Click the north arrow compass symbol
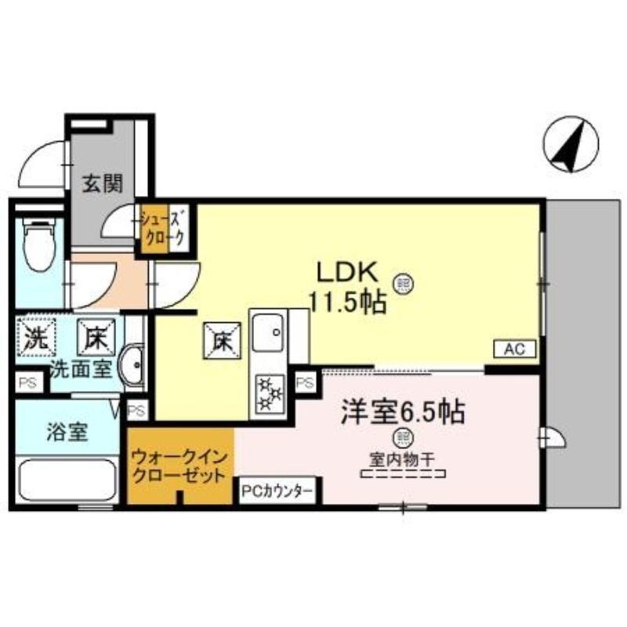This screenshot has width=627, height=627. click(x=570, y=144)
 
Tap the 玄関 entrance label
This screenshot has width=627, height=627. click(x=103, y=185)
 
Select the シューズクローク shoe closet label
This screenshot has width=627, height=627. click(x=164, y=229)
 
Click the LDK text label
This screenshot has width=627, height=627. click(x=348, y=272)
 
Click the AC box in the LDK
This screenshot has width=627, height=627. click(x=514, y=350)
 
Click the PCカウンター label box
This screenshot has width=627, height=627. click(x=277, y=491)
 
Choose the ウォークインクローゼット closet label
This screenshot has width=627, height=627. click(x=180, y=465)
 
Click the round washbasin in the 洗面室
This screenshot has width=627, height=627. click(x=133, y=366)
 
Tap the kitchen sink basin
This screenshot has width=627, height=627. click(x=269, y=334)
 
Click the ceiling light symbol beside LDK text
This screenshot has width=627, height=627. click(x=404, y=281)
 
